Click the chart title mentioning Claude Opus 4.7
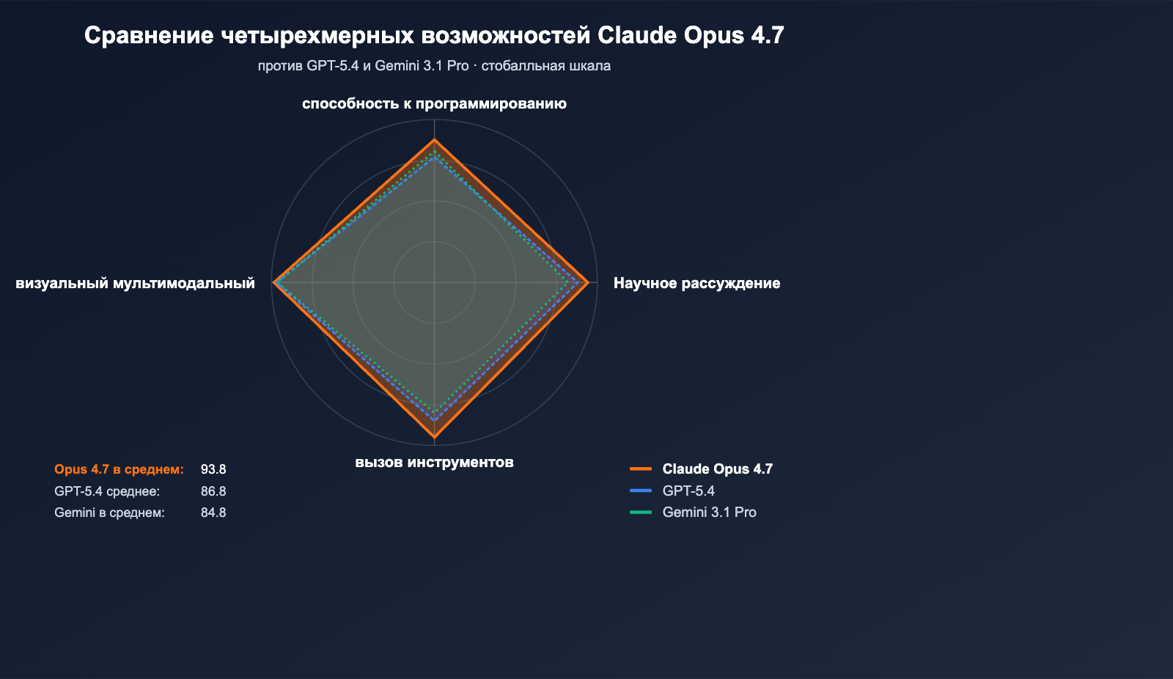coord(434,35)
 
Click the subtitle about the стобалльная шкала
coord(434,66)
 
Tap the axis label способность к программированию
coord(434,103)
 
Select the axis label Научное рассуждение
coord(696,283)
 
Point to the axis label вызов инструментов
coord(434,462)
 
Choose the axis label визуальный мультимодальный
coord(136,283)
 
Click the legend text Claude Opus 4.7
coord(717,469)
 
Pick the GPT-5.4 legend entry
coord(688,491)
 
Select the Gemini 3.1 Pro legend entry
coord(709,513)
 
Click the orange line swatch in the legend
coord(641,469)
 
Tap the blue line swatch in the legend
coord(641,491)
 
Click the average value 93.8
coord(213,469)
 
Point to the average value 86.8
coord(213,491)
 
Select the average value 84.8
coord(213,513)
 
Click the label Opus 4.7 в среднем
coord(119,469)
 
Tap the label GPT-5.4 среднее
coord(107,491)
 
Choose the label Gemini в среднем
coord(109,513)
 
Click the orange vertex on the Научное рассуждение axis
coord(588,282)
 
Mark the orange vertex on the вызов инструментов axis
coord(435,437)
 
